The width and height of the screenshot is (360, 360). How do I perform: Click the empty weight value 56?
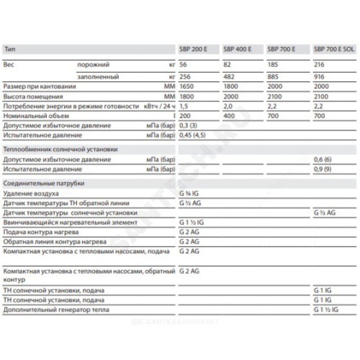tap(183, 65)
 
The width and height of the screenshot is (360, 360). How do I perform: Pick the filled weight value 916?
tap(319, 77)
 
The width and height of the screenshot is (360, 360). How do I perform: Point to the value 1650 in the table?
tap(186, 86)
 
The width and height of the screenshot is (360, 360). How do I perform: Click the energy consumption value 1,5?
tap(183, 106)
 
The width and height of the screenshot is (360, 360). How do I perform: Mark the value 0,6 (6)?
tap(324, 160)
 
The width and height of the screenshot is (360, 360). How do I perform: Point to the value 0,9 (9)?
tap(324, 170)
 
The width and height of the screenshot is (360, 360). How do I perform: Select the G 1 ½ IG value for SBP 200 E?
tap(191, 222)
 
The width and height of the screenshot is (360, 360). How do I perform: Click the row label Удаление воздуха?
tap(30, 193)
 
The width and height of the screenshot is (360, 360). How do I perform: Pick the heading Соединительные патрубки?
tap(44, 183)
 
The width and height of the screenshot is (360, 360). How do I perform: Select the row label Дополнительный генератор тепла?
tap(56, 310)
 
